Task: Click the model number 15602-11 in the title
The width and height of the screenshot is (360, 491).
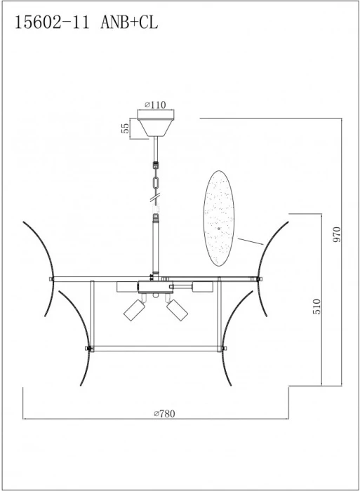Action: tap(53, 23)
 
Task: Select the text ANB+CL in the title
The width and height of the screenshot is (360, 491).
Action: tap(129, 23)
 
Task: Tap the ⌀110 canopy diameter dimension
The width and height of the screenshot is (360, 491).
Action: tap(155, 105)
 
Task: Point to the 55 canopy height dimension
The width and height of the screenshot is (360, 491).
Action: tap(125, 128)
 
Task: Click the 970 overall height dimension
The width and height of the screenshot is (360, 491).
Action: tap(337, 234)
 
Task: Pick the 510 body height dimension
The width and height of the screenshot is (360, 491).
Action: tap(316, 307)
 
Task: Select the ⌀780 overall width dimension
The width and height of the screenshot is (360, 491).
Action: tap(164, 414)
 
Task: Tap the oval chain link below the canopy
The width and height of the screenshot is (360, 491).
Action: tap(156, 182)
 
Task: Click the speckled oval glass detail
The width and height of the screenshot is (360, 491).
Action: tap(219, 218)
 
